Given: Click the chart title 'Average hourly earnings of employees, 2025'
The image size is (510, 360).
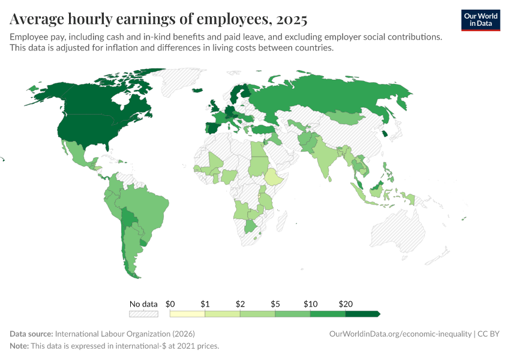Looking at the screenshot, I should pyautogui.click(x=158, y=19).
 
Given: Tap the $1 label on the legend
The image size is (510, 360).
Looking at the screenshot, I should pyautogui.click(x=205, y=304).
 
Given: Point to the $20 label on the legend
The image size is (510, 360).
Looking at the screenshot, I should pyautogui.click(x=345, y=304).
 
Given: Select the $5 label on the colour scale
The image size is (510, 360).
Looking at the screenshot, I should pyautogui.click(x=275, y=304).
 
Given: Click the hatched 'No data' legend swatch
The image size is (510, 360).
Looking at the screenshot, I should pyautogui.click(x=143, y=314).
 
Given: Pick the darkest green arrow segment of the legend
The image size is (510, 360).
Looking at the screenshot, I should pyautogui.click(x=362, y=314).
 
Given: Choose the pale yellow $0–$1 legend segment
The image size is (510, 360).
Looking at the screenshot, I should pyautogui.click(x=187, y=314).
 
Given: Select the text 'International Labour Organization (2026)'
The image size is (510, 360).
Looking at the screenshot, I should pyautogui.click(x=124, y=334).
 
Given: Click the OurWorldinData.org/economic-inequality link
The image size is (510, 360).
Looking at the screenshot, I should pyautogui.click(x=400, y=334).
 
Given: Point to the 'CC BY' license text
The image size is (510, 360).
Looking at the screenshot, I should pyautogui.click(x=488, y=334).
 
